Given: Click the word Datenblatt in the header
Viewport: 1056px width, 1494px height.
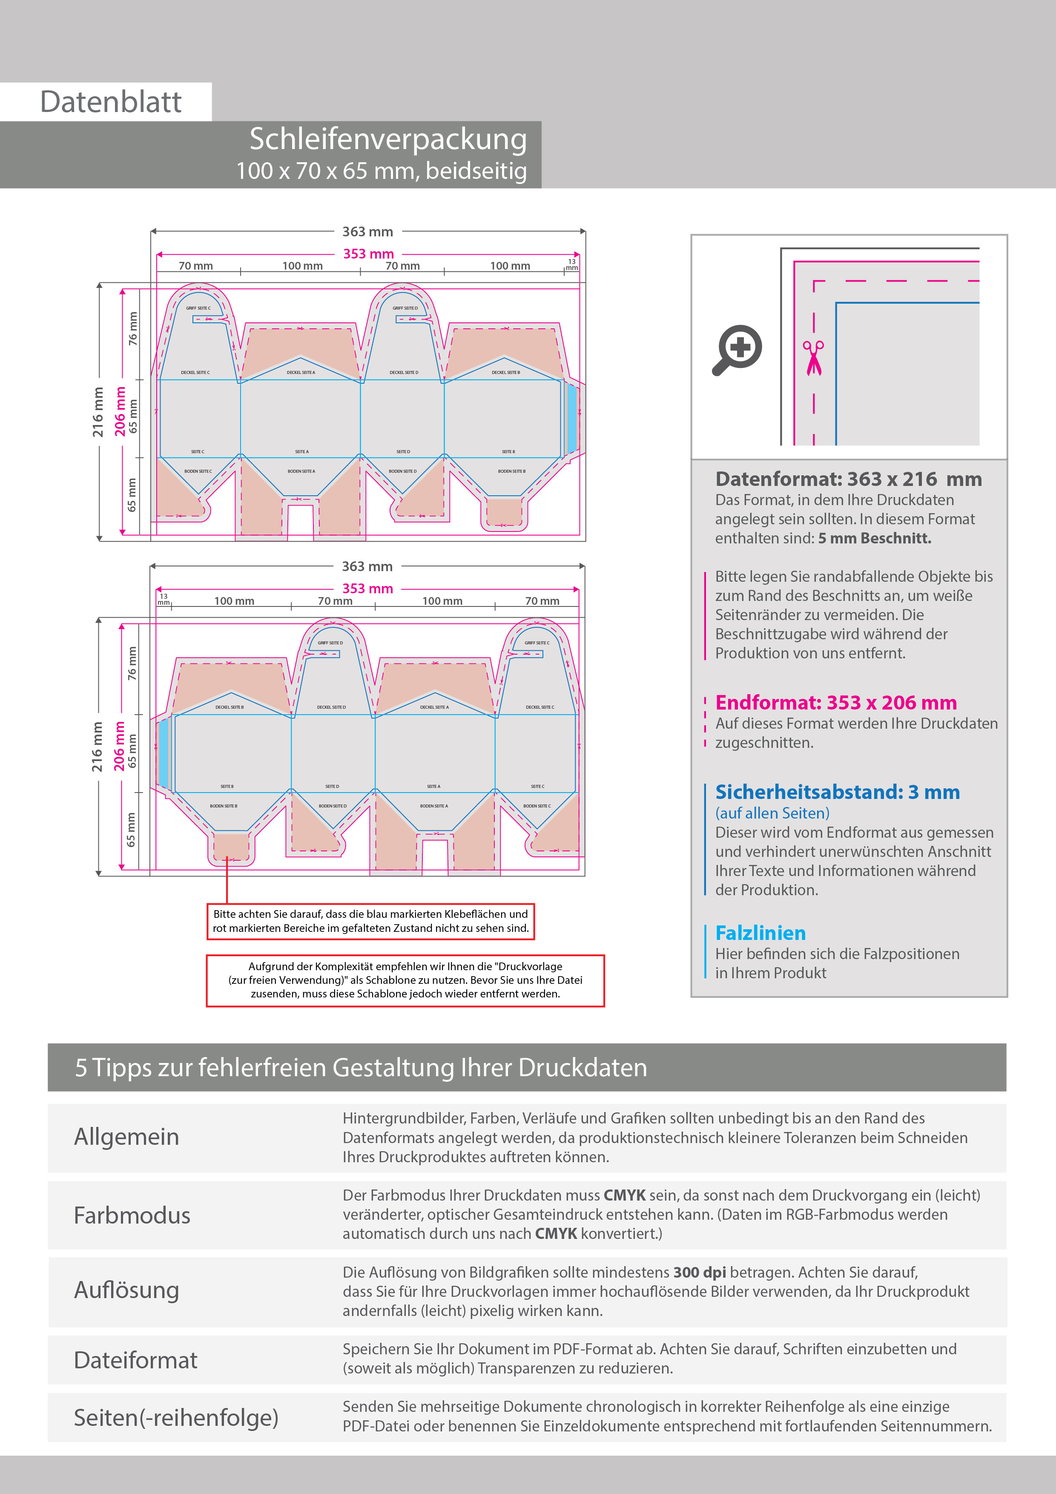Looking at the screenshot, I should tap(111, 102).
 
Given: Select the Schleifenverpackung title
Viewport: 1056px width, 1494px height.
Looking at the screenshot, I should tap(388, 139).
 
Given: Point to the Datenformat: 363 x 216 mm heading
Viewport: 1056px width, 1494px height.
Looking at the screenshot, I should tap(848, 479).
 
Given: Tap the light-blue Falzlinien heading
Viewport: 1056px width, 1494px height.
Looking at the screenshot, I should tap(760, 933).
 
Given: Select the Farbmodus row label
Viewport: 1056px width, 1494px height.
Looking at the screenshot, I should tap(132, 1215).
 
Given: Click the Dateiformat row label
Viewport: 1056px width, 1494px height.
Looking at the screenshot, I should tap(135, 1360).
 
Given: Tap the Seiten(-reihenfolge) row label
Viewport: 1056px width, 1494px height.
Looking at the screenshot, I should tap(176, 1417).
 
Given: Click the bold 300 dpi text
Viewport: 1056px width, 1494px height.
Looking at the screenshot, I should tap(700, 1272).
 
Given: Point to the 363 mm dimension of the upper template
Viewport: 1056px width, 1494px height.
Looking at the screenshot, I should tap(367, 232).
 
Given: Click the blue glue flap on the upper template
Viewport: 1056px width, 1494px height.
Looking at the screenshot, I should tap(572, 418).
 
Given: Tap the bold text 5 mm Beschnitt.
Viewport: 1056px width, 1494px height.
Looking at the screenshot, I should tap(875, 538).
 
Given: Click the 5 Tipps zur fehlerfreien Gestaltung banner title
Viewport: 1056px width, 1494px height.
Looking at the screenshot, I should tap(361, 1068).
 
